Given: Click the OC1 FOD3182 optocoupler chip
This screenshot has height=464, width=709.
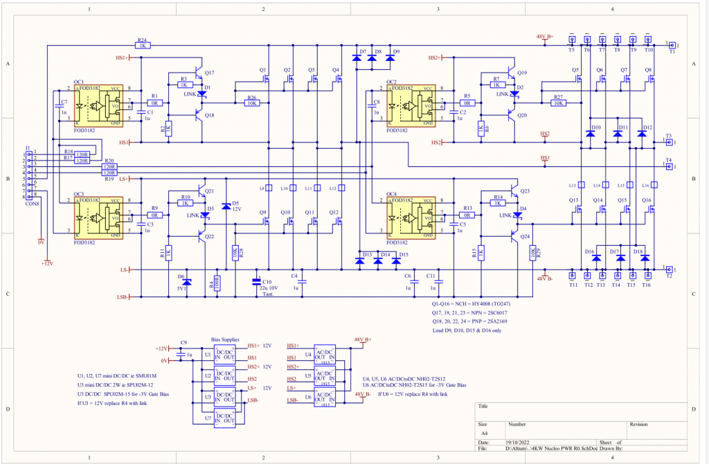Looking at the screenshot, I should coord(98,105).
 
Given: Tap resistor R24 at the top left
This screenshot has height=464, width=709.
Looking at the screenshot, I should coord(141,46).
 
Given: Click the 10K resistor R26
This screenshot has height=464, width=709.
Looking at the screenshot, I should coord(251,102).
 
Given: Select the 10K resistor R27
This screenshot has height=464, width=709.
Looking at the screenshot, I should coord(558,102).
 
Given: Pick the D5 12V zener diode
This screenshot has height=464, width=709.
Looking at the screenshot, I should coord(226,207).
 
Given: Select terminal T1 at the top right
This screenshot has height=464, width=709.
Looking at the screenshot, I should coord(670,46).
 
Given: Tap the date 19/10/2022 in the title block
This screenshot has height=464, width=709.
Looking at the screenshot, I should coord(520,442).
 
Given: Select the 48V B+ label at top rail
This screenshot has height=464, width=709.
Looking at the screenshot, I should coord(545,37).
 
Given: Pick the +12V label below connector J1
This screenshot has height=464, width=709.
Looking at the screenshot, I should coord(46,264).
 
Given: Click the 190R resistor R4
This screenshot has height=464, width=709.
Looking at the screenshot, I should coord(217,284).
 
